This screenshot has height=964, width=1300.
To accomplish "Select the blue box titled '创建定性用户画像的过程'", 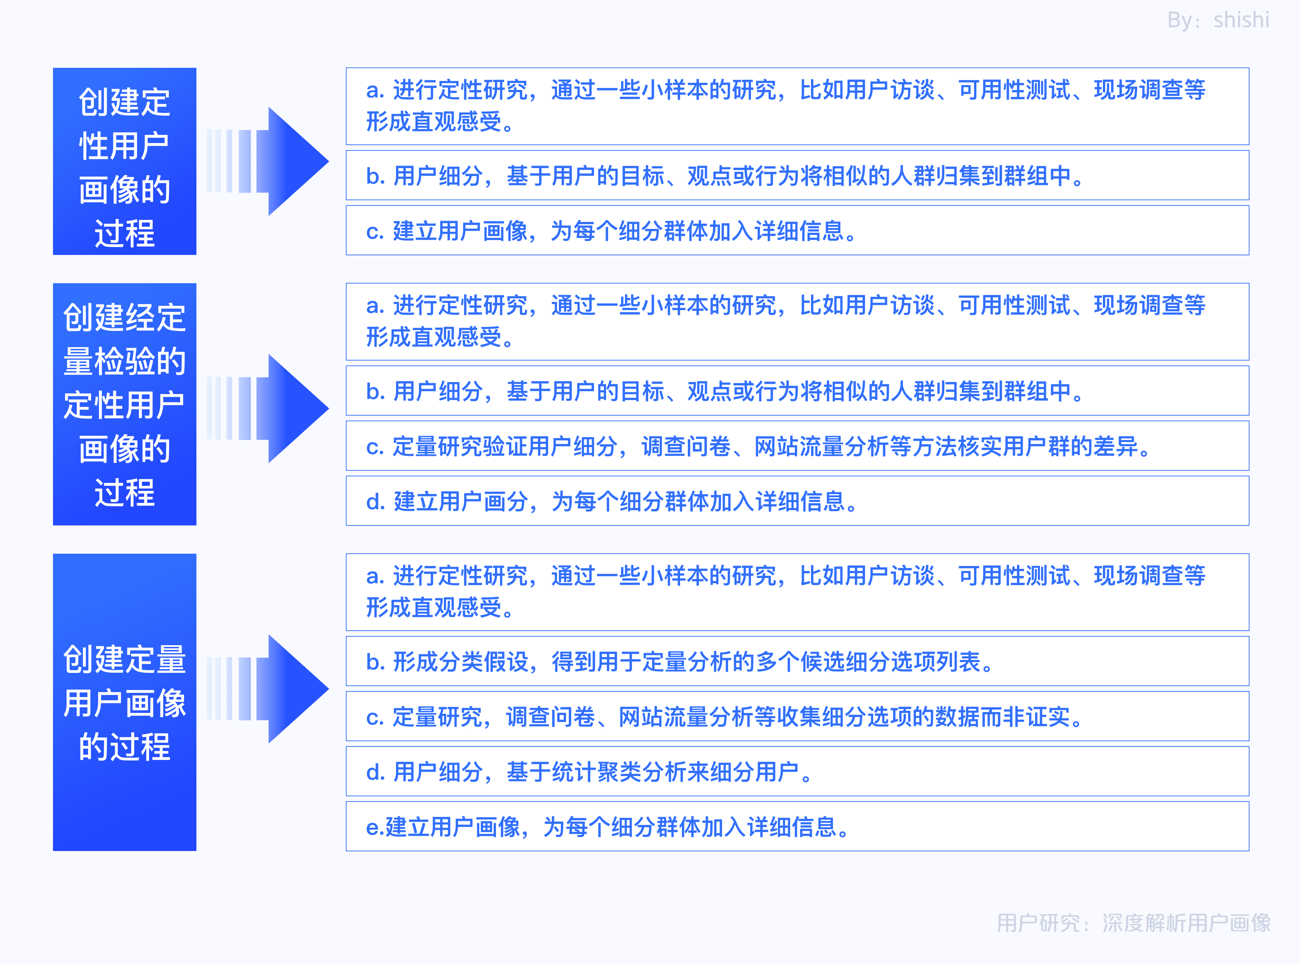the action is point(124,161).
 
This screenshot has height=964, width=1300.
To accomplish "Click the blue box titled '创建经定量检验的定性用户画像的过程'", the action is point(124,404).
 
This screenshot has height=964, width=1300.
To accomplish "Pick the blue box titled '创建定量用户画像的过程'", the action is point(124,702).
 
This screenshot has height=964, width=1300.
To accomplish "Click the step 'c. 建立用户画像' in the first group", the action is point(797,231).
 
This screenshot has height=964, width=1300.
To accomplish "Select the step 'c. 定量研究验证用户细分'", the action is point(797,446).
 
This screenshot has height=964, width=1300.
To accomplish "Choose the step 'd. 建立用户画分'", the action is point(797,501).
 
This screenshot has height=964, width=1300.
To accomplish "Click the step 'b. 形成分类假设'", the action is point(797,661).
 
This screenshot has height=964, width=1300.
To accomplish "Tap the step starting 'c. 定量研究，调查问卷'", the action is point(797,716).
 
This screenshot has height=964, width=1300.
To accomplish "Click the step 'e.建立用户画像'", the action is point(797,826).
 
